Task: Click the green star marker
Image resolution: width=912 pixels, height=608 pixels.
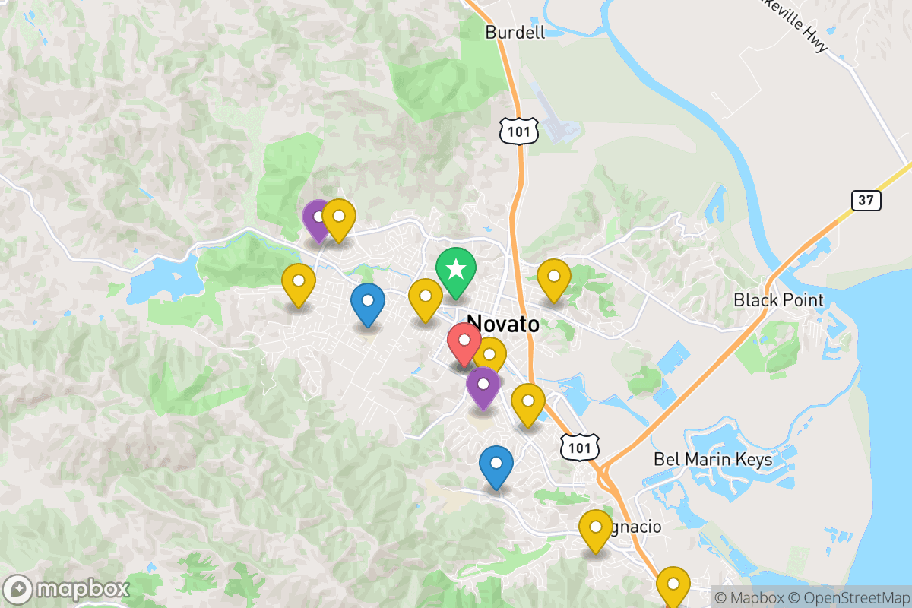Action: (x=456, y=270)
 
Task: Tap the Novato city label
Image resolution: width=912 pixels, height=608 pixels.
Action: (x=503, y=325)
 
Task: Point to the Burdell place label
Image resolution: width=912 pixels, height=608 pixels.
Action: (x=515, y=32)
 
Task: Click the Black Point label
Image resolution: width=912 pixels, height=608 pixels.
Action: (x=778, y=300)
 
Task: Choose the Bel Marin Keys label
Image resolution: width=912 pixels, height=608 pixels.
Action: (x=713, y=460)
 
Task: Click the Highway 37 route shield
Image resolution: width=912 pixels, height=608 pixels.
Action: (x=866, y=201)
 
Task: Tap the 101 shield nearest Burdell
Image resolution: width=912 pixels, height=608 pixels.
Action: (x=519, y=132)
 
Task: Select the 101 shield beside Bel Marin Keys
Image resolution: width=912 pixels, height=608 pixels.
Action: (x=579, y=448)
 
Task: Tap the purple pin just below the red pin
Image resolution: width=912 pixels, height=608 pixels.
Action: (x=483, y=385)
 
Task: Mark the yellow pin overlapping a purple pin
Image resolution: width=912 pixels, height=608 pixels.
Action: (x=339, y=217)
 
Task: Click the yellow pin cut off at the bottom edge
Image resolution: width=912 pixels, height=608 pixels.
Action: (x=673, y=584)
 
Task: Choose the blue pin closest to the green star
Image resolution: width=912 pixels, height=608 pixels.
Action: (x=368, y=301)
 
